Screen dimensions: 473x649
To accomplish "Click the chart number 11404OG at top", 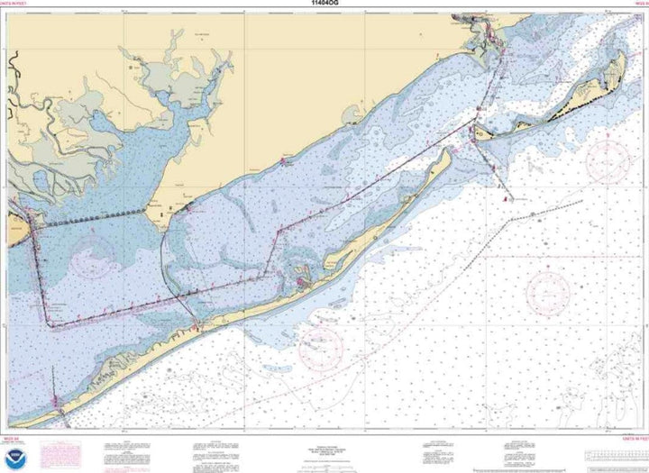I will click(323, 5).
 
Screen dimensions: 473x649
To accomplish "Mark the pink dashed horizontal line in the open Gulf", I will click(559, 256).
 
